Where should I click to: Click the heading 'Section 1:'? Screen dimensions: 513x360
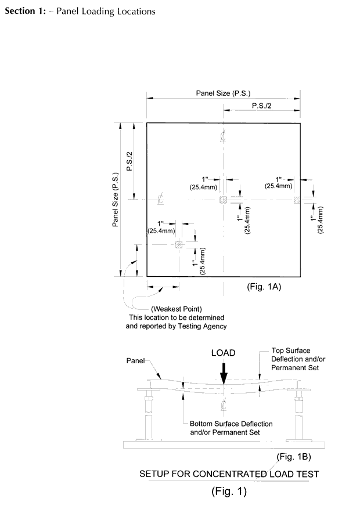click(25, 12)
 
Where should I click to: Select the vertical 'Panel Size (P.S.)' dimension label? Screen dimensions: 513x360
click(116, 199)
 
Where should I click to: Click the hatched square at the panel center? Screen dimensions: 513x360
click(223, 200)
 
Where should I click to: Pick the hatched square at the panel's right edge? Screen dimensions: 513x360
click(297, 200)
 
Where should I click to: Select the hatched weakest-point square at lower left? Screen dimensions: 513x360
click(179, 245)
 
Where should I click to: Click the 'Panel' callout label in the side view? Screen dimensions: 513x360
click(136, 360)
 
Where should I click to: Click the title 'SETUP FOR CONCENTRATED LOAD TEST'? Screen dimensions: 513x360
click(229, 474)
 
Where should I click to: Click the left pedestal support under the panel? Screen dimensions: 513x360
click(147, 413)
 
